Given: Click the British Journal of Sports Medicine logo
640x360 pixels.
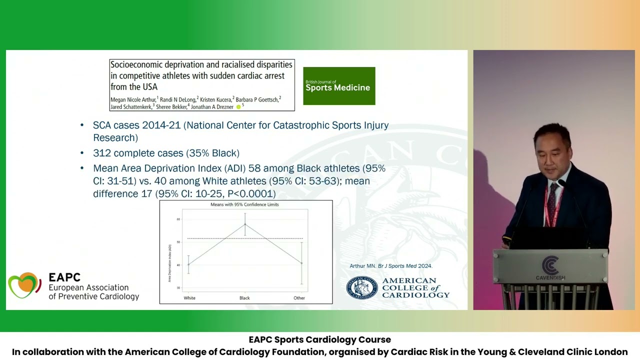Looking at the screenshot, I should tap(339, 86).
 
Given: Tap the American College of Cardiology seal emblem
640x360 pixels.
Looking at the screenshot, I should tap(361, 288).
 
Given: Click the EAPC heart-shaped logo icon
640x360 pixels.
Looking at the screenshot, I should tap(24, 285).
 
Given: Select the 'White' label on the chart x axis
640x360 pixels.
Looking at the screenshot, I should tap(189, 298).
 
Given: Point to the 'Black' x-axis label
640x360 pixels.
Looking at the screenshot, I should tap(244, 298).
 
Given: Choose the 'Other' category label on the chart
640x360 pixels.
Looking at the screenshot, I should tap(299, 298).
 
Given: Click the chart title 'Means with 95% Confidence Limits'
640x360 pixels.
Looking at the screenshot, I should tap(244, 204).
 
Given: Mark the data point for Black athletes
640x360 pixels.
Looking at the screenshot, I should tap(245, 224).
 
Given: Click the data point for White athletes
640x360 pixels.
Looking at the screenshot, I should tap(188, 264).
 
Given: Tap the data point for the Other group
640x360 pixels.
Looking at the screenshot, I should tap(301, 263).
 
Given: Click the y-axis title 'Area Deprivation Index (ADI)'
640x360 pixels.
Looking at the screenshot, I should tap(170, 263).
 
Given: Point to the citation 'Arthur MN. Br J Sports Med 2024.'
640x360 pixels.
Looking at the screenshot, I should tap(390, 266).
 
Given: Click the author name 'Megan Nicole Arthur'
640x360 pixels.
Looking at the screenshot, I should tap(133, 100).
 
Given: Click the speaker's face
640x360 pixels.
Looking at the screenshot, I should tap(550, 152).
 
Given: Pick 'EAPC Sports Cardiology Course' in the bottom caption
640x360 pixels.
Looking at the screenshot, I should tap(319, 340).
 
